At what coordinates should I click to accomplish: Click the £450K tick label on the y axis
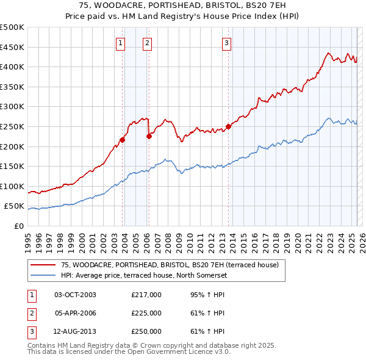pos(12,47)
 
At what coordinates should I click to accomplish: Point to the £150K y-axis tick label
pos(12,166)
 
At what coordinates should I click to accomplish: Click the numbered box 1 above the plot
pos(121,43)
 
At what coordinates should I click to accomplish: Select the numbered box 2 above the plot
pos(148,43)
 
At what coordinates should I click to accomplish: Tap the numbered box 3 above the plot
pos(226,43)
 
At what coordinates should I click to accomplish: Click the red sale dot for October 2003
pos(123,140)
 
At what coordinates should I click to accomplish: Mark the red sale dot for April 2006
pos(149,137)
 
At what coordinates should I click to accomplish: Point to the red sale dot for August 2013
pos(229,127)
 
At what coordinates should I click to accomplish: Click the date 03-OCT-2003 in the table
pos(76,295)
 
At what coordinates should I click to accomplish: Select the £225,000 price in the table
pos(146,313)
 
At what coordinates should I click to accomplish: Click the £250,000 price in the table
pos(146,331)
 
